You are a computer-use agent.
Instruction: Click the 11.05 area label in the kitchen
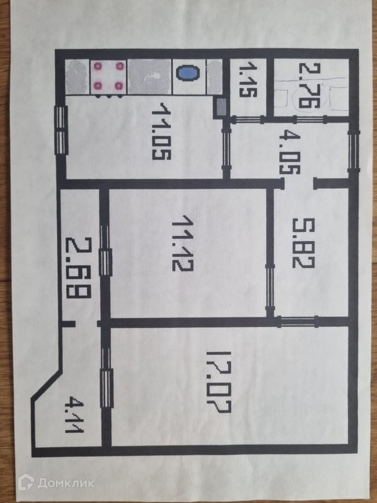tap(161, 131)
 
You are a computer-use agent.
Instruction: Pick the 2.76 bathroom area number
tap(307, 87)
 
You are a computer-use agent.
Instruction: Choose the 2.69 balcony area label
tap(78, 267)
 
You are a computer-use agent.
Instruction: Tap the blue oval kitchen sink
tap(188, 74)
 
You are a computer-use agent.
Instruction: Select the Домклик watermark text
tap(66, 483)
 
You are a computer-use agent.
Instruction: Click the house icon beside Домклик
tap(26, 483)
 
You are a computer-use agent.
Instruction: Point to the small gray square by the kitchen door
tap(220, 108)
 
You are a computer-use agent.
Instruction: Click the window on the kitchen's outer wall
tap(61, 131)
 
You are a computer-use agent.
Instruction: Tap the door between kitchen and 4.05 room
tap(226, 148)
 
